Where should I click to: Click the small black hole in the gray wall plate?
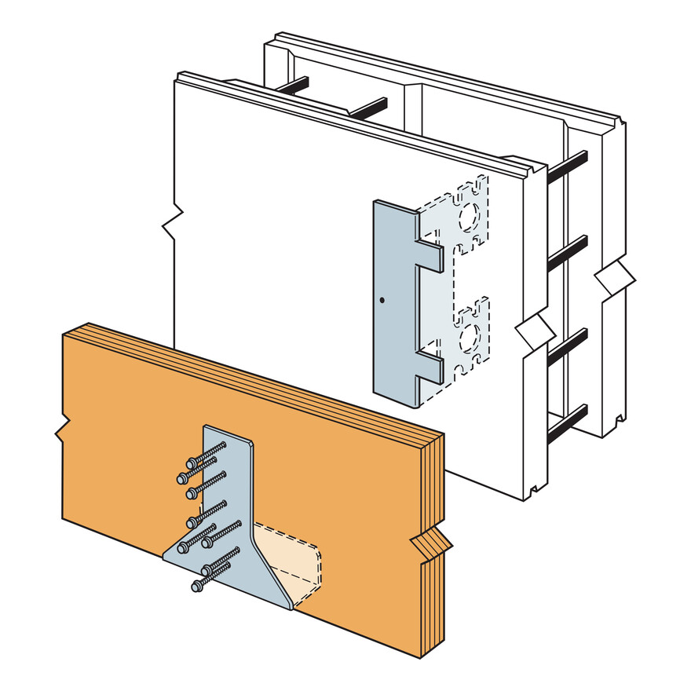(380, 300)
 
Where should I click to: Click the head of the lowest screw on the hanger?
(196, 586)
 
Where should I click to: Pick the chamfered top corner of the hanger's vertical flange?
(207, 429)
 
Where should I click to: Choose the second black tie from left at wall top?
(367, 108)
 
